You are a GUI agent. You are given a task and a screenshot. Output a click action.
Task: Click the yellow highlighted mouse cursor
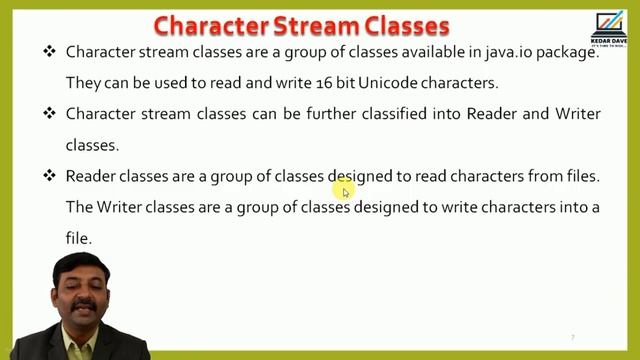[x=344, y=191]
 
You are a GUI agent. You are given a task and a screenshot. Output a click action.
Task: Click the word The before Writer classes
[x=79, y=208]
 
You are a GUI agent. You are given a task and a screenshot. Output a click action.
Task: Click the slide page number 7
[x=572, y=337]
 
